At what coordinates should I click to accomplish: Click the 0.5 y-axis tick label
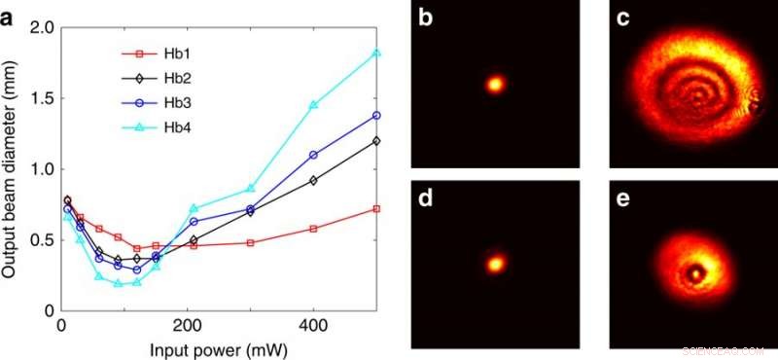pos(38,239)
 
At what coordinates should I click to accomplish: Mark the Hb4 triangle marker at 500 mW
pos(376,53)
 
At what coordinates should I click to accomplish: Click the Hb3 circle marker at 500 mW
pos(376,115)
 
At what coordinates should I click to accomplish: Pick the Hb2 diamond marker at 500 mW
pos(376,140)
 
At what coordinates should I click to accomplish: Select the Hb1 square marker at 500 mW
pos(376,208)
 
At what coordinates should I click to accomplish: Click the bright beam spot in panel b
pos(495,85)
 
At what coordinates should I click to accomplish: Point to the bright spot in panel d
pos(496,263)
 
